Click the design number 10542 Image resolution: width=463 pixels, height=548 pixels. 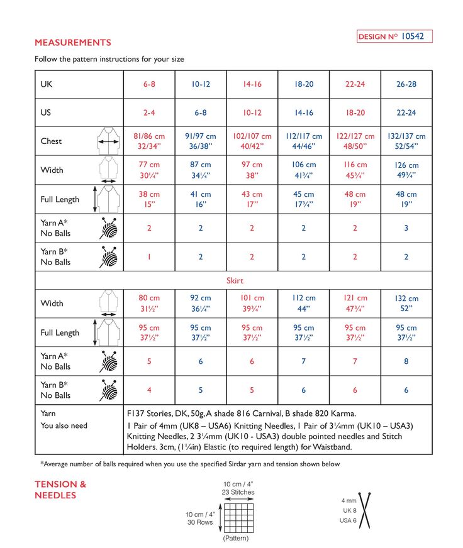pos(412,36)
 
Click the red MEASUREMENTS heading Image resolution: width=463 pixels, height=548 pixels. pos(72,43)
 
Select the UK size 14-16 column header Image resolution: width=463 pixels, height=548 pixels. pos(252,84)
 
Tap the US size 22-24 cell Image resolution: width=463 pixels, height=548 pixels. pos(406,113)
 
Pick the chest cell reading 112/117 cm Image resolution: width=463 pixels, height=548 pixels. pos(304,141)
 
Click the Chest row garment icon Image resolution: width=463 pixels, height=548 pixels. pos(108,141)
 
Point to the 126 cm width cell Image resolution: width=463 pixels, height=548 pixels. pos(406,170)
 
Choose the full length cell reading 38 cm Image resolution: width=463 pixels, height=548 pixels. pos(149,199)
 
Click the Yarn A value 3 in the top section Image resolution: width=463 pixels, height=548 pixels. pos(406,228)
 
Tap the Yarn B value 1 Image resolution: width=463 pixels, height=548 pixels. pos(149,257)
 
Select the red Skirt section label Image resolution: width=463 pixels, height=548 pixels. pos(235,281)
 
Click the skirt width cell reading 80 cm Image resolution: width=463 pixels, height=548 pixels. pos(149,303)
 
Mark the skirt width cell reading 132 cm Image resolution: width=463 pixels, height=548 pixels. pos(406,303)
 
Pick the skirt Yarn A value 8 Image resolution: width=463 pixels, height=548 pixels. pos(406,361)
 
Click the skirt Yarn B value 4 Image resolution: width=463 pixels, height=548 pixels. pos(149,390)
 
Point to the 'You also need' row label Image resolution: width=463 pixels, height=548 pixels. pos(64,425)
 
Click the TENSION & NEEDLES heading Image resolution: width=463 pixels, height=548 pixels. pos(60,490)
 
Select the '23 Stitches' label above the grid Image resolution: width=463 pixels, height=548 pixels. pos(238,492)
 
